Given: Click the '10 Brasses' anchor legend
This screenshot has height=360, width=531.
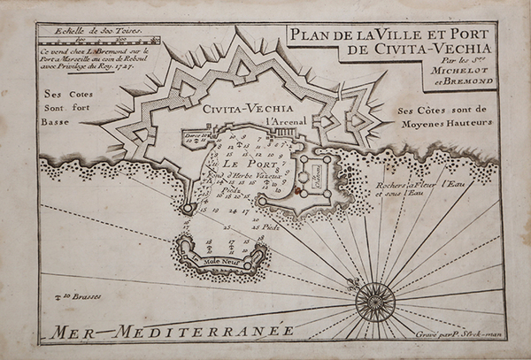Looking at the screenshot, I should click(x=72, y=296).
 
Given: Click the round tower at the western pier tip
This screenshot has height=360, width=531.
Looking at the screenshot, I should click(x=188, y=208).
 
